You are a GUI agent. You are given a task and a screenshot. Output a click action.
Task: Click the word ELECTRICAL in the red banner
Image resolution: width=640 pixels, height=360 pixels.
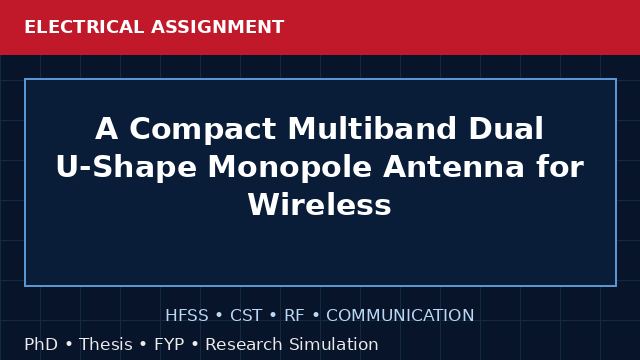click(x=84, y=27)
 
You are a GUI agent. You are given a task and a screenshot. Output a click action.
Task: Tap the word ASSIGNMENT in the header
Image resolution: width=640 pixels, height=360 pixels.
click(x=218, y=27)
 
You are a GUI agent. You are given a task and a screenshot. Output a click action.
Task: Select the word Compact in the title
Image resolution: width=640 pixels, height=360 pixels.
click(x=202, y=129)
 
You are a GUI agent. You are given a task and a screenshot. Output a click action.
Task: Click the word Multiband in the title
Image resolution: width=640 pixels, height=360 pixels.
click(x=372, y=129)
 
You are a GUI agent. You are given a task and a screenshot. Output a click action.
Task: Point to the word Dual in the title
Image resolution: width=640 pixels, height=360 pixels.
click(x=506, y=129)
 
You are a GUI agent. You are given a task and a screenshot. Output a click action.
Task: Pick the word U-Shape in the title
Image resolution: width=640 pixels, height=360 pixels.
click(x=126, y=168)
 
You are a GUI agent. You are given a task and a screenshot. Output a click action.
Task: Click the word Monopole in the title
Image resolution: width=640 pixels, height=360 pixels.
click(x=290, y=168)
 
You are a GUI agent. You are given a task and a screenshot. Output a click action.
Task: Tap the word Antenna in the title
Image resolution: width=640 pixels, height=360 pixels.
click(x=453, y=167)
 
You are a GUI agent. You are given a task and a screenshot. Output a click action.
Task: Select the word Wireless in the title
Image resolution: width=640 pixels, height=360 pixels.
click(x=320, y=204)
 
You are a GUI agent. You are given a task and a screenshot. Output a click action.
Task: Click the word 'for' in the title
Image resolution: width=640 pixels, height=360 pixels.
click(x=560, y=167)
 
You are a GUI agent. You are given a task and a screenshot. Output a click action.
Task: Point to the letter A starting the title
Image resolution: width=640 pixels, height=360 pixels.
click(x=107, y=129)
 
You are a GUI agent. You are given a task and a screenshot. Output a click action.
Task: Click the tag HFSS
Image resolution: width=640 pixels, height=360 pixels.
click(x=187, y=315)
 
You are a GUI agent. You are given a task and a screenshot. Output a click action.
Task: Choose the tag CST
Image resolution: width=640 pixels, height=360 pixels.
click(x=246, y=315)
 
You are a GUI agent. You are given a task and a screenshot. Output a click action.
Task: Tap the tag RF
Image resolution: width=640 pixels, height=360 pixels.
click(x=294, y=315)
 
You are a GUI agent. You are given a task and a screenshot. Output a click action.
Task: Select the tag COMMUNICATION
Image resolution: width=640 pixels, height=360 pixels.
click(x=400, y=315)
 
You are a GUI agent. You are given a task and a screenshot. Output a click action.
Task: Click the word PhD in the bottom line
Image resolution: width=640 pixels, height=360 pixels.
click(x=41, y=344)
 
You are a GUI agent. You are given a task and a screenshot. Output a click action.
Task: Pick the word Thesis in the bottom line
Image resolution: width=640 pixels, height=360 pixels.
click(x=106, y=344)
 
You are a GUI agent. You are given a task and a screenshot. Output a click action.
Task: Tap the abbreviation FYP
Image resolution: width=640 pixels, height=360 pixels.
click(x=169, y=344)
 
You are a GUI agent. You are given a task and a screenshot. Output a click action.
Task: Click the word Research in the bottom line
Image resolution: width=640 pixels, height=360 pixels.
click(x=244, y=344)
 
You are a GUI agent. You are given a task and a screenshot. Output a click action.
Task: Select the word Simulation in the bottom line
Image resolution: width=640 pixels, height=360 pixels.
click(x=334, y=344)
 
